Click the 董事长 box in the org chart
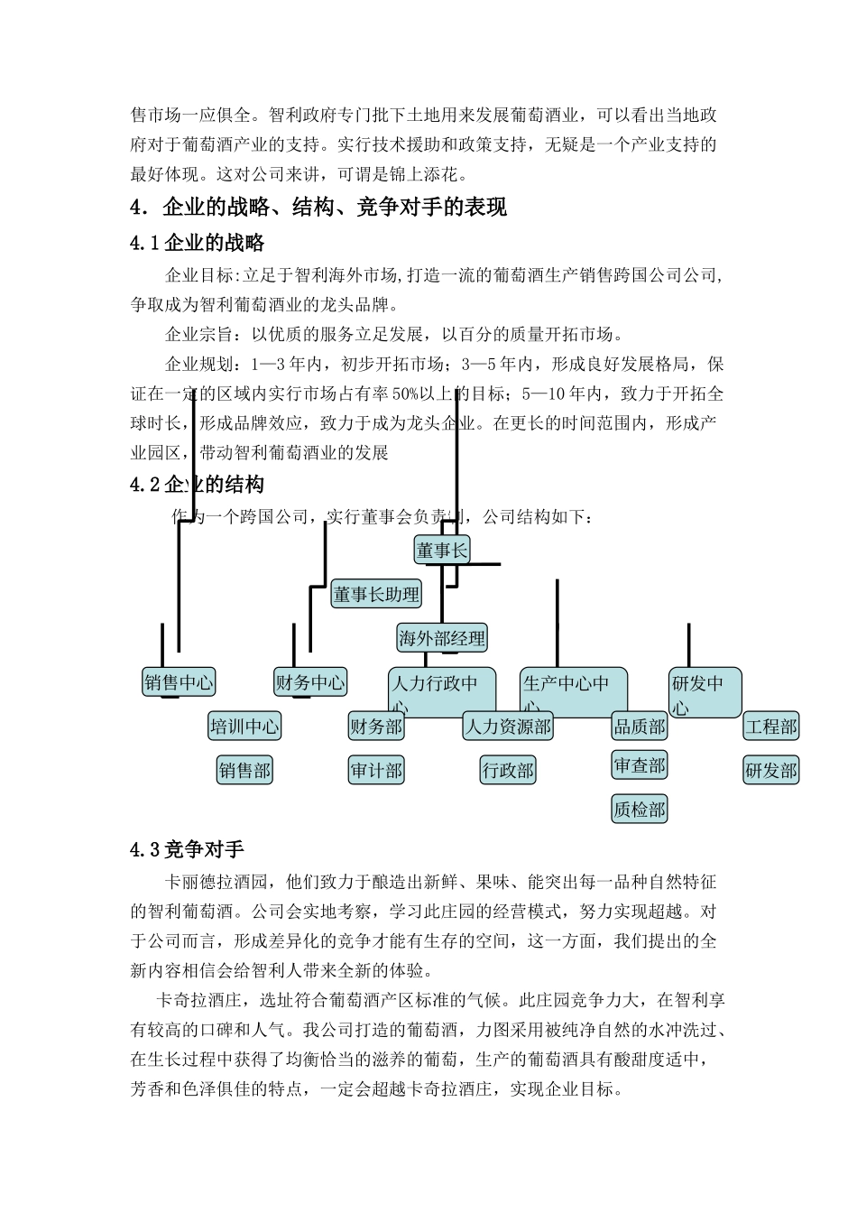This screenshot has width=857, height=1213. point(442,550)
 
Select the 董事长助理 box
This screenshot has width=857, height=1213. point(376,594)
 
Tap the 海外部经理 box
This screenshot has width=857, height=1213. point(442,638)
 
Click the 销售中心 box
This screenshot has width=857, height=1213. point(179,682)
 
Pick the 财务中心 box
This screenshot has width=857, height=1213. point(310,682)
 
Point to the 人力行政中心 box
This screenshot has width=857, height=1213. point(442,692)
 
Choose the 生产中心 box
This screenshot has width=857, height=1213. point(574,692)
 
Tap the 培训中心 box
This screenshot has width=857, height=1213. point(244,727)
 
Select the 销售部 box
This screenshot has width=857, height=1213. point(244,771)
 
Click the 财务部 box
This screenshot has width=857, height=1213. point(376,727)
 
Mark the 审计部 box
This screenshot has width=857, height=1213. point(376,771)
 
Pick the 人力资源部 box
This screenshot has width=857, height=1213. point(508,727)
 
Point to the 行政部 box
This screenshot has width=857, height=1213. point(508,771)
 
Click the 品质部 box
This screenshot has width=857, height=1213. point(640,727)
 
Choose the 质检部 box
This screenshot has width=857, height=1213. point(640,810)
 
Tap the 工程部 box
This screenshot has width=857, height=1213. point(771,727)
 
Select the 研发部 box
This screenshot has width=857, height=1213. point(771,771)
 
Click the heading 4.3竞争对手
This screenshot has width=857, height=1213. point(188,849)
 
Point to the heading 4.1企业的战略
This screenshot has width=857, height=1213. point(198,242)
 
